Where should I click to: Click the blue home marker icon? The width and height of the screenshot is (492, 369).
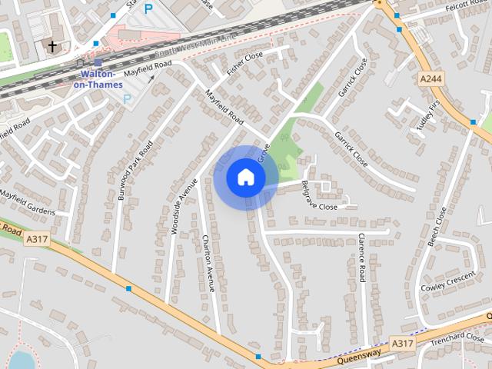(245, 177)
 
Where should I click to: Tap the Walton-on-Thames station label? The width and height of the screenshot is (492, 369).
(101, 79)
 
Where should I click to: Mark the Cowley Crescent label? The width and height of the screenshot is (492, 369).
(448, 281)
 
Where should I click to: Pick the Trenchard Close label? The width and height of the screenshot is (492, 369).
(457, 338)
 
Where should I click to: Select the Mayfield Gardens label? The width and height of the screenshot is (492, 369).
(28, 203)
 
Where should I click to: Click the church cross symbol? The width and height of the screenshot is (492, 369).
(52, 48)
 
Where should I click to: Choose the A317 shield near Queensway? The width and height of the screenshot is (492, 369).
(401, 341)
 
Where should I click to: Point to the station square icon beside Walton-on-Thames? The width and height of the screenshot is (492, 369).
(98, 63)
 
